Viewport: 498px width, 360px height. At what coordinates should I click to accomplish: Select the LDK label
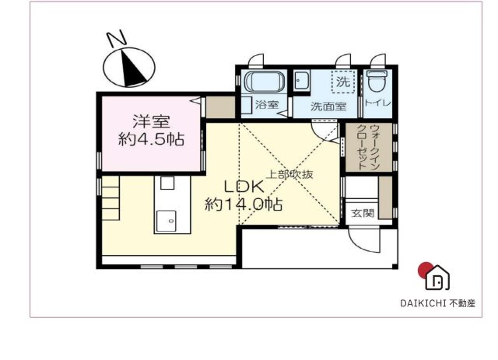[x=244, y=187]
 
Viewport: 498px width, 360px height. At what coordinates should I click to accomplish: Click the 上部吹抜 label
[x=289, y=174]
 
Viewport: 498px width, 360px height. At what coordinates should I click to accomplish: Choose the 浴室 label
[x=267, y=105]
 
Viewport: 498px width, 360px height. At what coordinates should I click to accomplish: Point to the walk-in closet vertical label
[x=363, y=148]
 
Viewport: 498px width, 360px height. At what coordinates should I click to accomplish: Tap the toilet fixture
[x=377, y=82]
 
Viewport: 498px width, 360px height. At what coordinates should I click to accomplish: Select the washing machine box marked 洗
[x=342, y=81]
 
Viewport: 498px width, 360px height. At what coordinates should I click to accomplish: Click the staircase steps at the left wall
[x=111, y=198]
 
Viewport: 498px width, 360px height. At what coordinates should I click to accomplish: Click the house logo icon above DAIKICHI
[x=437, y=276]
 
